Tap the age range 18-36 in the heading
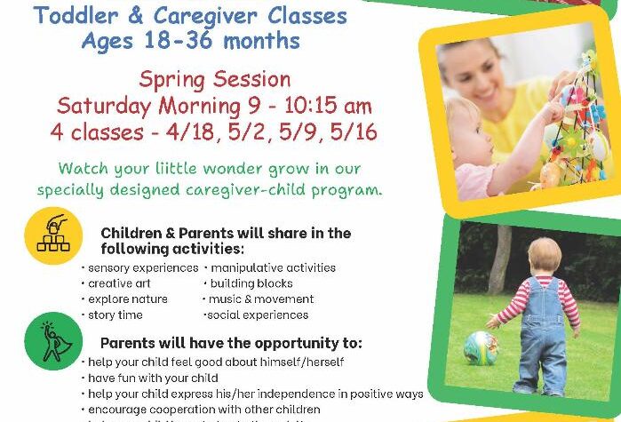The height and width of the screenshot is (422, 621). coord(192,41)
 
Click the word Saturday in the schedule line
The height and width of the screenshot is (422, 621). coord(104,106)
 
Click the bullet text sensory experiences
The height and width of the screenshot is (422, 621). coord(142,267)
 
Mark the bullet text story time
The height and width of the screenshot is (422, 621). coord(116,315)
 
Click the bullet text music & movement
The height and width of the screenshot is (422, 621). coord(261,299)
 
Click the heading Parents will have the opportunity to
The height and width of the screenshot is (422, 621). coord(230,343)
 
